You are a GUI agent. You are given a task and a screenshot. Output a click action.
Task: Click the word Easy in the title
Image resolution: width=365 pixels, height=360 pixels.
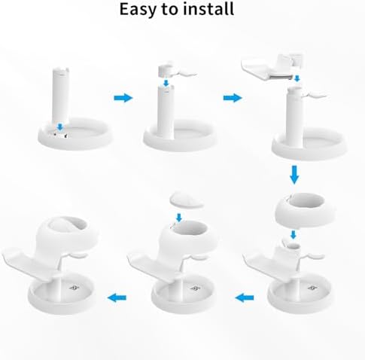click(139, 10)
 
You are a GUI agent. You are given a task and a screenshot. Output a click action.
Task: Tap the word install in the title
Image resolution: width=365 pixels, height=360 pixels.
click(207, 10)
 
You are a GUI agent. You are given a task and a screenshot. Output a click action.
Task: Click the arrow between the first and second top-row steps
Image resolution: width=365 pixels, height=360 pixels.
click(122, 98)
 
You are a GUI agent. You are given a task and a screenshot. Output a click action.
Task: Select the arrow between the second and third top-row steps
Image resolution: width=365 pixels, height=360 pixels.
click(233, 98)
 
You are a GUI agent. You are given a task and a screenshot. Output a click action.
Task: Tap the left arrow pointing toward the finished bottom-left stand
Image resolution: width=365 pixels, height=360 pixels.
click(117, 298)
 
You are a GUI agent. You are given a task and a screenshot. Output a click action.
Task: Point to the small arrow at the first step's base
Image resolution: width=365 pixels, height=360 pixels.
click(60, 127)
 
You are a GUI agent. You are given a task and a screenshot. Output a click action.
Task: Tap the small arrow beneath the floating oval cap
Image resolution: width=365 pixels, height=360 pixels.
click(178, 217)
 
